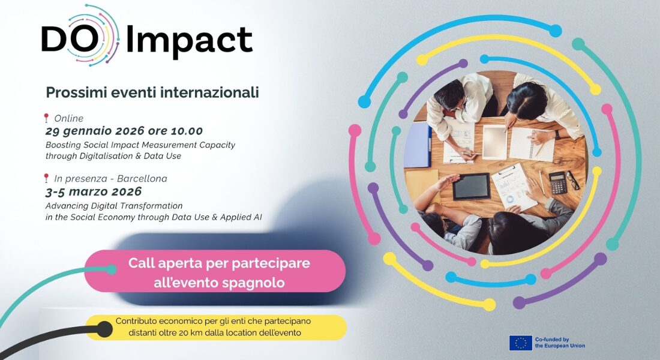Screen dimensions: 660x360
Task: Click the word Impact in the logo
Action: (x=189, y=41)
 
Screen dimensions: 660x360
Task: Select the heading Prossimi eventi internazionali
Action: (x=152, y=92)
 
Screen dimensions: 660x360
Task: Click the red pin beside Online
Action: (x=46, y=118)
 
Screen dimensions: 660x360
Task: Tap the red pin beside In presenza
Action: (x=46, y=178)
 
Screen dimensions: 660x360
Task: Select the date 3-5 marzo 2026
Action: (x=94, y=192)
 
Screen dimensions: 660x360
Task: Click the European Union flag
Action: (x=520, y=343)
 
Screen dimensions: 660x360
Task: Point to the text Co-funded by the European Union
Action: (x=560, y=343)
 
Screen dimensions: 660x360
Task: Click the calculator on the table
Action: (x=558, y=183)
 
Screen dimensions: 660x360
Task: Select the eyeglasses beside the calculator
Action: (x=573, y=180)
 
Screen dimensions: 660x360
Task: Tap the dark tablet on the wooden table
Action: (x=472, y=187)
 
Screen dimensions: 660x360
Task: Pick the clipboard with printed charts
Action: (x=514, y=187)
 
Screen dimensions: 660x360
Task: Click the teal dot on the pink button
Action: (x=111, y=269)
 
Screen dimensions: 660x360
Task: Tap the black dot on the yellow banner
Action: (x=104, y=329)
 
